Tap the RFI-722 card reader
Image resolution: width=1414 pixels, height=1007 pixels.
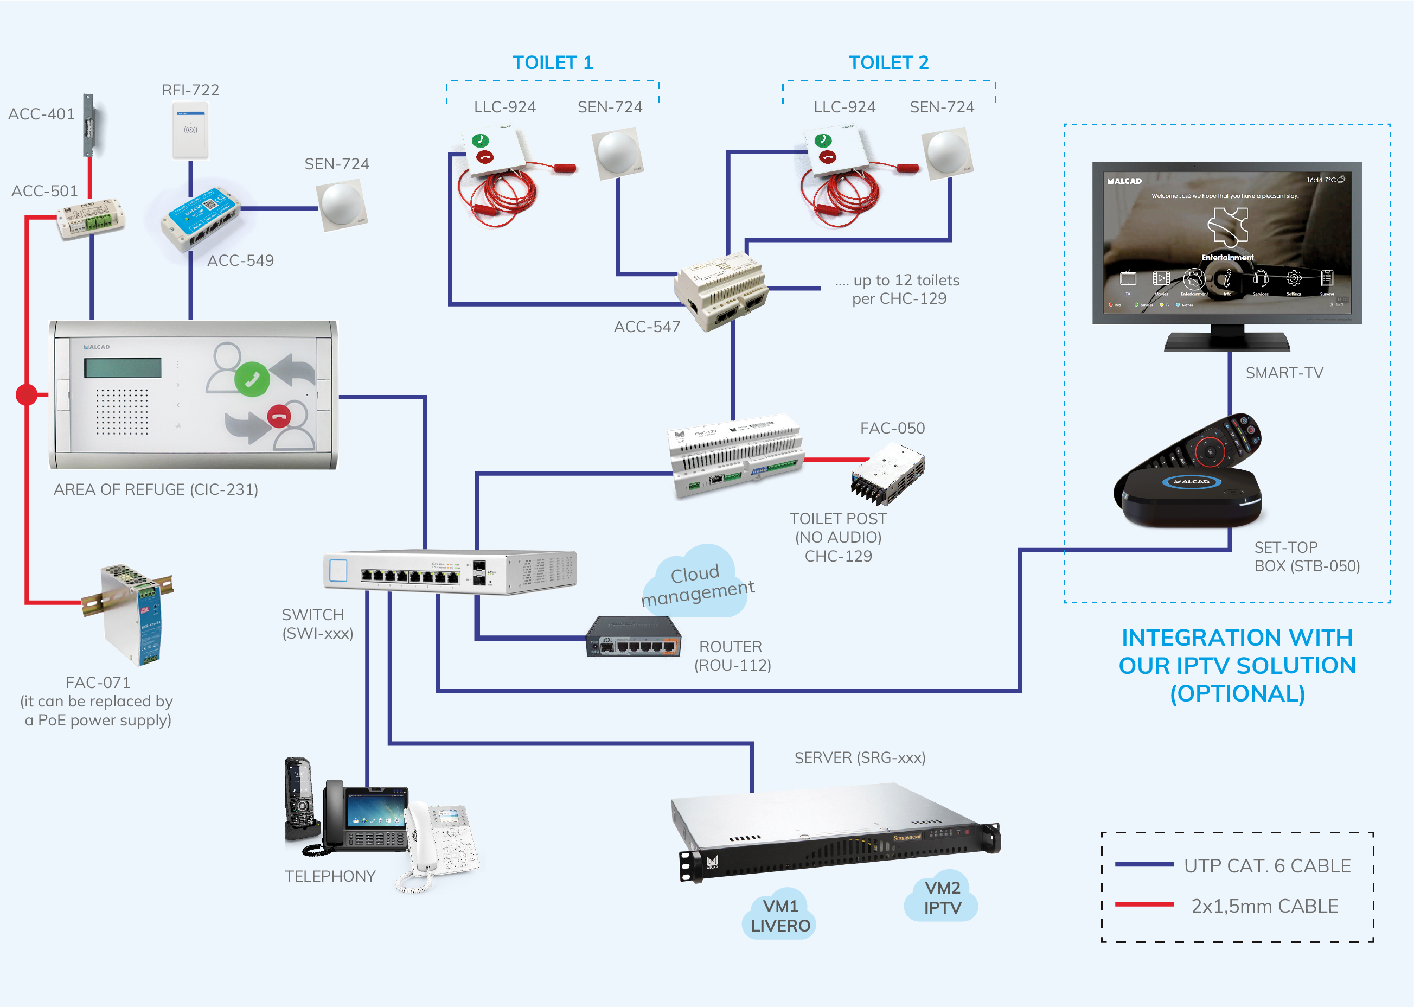coord(190,130)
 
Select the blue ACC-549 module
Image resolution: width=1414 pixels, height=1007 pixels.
coord(200,219)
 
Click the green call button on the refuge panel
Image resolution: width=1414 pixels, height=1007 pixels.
coord(252,379)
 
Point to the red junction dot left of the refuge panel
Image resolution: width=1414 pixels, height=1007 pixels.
coord(27,394)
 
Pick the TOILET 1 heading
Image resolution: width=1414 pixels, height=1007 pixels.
coord(552,62)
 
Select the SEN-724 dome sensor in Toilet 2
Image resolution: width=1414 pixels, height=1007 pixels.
coord(946,152)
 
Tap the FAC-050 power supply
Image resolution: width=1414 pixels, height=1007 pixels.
coord(888,473)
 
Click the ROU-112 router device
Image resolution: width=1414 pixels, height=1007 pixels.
coord(634,637)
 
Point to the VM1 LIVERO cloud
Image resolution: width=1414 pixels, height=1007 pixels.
coord(780,915)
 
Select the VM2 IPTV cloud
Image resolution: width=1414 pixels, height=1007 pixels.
coord(942,897)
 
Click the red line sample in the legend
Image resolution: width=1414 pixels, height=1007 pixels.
coord(1144,904)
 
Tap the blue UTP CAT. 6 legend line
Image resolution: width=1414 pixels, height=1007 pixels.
coord(1144,864)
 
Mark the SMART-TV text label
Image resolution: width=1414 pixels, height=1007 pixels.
coord(1284,373)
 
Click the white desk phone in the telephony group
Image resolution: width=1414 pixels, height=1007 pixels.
coord(442,843)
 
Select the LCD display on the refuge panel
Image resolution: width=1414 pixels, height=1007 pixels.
coord(123,368)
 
